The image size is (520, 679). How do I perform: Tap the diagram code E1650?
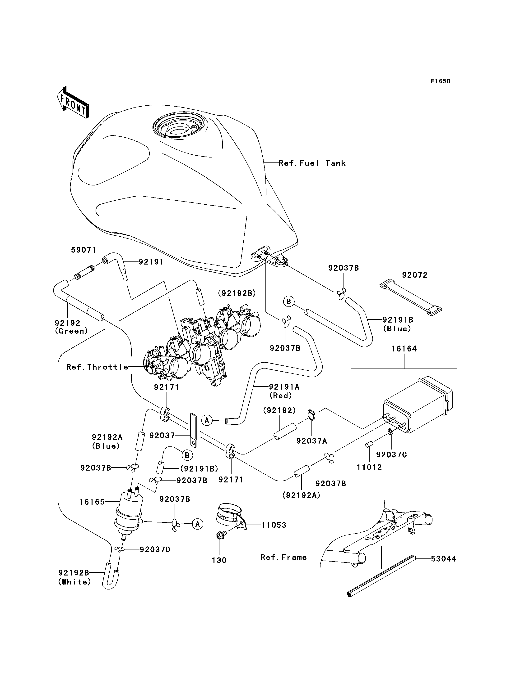pos(441,81)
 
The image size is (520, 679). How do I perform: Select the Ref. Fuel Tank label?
pos(312,163)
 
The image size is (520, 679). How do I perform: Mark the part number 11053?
pos(274,525)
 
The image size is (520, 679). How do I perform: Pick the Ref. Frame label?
pos(283,557)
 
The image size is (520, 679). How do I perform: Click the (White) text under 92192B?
pos(74,582)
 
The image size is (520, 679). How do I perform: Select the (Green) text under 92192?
pos(71,331)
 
